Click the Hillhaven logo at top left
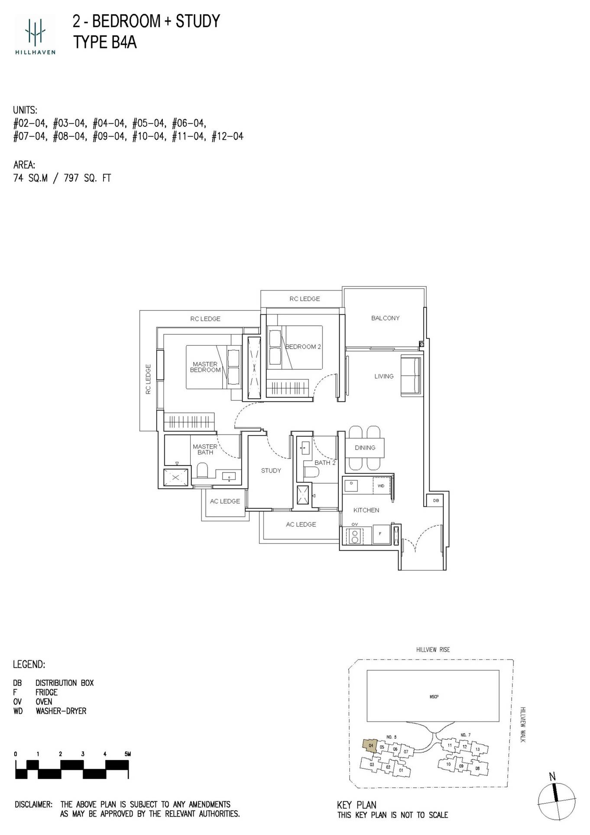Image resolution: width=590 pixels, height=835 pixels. (x=35, y=35)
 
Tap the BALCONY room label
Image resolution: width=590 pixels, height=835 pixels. (x=385, y=318)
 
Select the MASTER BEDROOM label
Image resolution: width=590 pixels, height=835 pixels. (x=205, y=367)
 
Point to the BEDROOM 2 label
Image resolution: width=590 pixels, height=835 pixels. (x=303, y=346)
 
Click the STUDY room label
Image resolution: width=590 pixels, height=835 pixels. (x=271, y=470)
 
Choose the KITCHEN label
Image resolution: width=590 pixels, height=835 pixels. (x=366, y=510)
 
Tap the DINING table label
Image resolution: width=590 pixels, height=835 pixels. (x=365, y=447)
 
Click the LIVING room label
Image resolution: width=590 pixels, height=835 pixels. (x=384, y=376)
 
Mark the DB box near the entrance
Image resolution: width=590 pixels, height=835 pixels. (x=436, y=501)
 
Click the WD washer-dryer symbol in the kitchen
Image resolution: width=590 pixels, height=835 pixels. (x=381, y=486)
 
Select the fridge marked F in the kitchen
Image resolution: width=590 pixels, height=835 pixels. (x=380, y=534)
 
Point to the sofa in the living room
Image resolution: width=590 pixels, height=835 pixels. (x=411, y=375)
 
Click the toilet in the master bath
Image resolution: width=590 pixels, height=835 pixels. (x=202, y=470)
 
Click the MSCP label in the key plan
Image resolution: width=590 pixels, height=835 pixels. (x=434, y=697)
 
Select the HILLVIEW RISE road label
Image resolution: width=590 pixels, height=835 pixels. (x=433, y=650)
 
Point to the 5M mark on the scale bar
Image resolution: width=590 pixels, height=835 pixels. (x=127, y=754)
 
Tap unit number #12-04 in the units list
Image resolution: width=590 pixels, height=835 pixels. (x=227, y=137)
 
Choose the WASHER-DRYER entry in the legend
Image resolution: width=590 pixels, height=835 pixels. (x=61, y=711)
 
